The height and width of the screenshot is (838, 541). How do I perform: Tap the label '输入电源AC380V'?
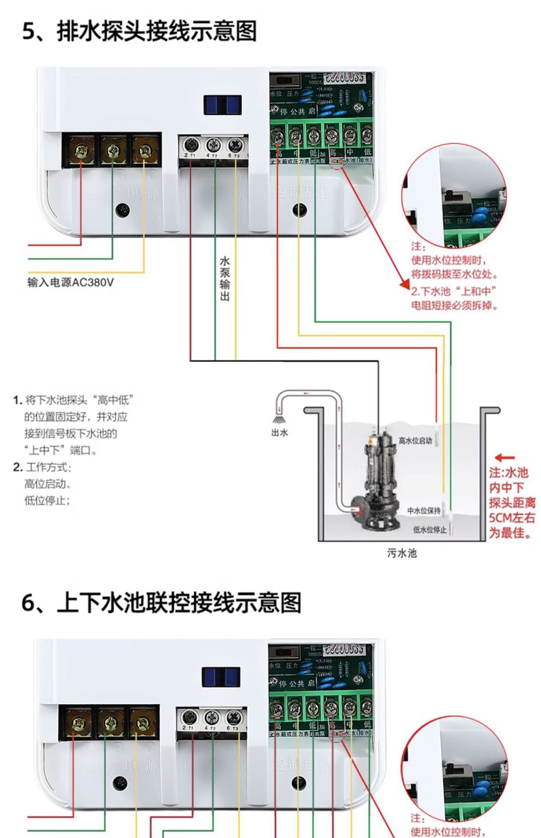pyautogui.click(x=70, y=282)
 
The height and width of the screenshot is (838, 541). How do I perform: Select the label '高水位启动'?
pyautogui.click(x=415, y=440)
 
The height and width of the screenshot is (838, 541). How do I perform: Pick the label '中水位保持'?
pyautogui.click(x=424, y=510)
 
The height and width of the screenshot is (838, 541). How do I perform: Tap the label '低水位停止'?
pyautogui.click(x=430, y=529)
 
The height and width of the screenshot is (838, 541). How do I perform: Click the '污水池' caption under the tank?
pyautogui.click(x=402, y=553)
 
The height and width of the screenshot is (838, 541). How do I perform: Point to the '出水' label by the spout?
pyautogui.click(x=279, y=433)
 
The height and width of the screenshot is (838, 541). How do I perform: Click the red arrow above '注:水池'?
pyautogui.click(x=505, y=458)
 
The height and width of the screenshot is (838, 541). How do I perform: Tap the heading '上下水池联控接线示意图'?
pyautogui.click(x=161, y=603)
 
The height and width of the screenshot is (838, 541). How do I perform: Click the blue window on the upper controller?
pyautogui.click(x=223, y=105)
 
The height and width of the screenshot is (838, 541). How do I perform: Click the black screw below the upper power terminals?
pyautogui.click(x=123, y=210)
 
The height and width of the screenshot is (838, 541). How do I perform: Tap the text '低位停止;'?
pyautogui.click(x=47, y=500)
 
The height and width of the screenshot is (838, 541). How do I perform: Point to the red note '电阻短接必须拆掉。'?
pyautogui.click(x=454, y=305)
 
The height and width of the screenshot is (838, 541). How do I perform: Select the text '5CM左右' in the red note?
pyautogui.click(x=511, y=518)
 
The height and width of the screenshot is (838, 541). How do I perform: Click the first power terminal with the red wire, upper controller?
pyautogui.click(x=81, y=151)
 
